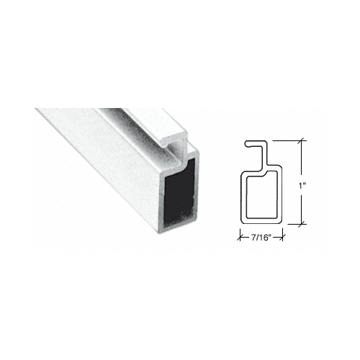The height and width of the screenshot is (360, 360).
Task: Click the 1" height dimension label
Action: point(305,185)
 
